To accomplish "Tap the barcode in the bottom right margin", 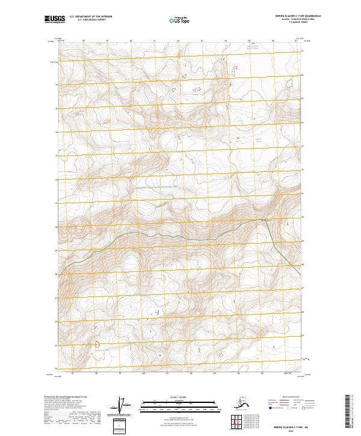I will (x=350, y=412).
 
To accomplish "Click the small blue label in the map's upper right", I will (x=260, y=140).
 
